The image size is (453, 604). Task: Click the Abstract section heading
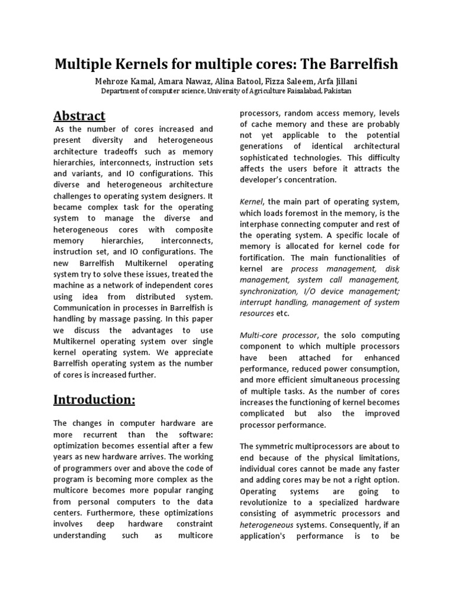[x=80, y=115]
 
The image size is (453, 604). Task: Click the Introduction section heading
[x=94, y=399]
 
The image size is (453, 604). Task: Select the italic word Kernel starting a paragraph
[x=251, y=202]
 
